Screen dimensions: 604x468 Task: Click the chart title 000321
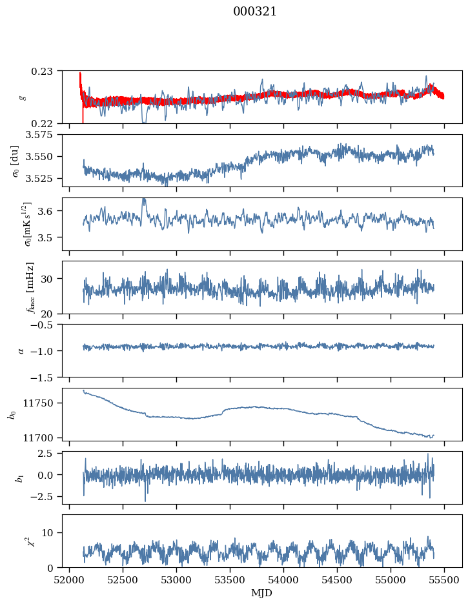pyautogui.click(x=255, y=12)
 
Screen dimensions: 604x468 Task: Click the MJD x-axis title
pyautogui.click(x=262, y=593)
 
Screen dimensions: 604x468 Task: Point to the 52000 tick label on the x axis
pyautogui.click(x=70, y=579)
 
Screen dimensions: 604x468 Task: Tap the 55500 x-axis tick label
pyautogui.click(x=444, y=579)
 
